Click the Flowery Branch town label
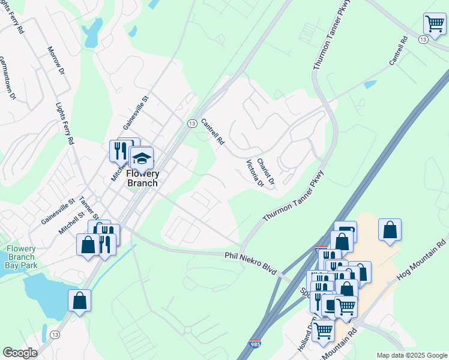142,178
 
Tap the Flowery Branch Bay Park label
21,257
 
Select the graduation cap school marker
141,159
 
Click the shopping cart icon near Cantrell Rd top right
434,25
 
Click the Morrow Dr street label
56,60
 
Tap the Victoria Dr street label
255,173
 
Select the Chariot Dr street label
266,171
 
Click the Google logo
20,353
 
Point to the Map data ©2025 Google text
412,355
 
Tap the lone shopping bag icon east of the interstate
390,230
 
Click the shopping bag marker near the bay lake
79,301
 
